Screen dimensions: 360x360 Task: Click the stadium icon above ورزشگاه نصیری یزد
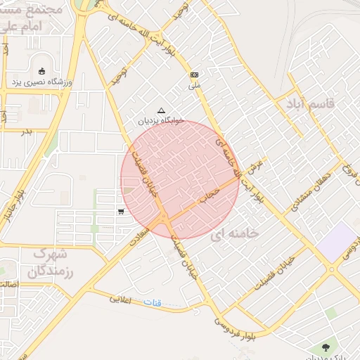(x=41, y=70)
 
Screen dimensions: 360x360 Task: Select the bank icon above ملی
(x=194, y=75)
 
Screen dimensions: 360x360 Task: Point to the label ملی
(x=195, y=86)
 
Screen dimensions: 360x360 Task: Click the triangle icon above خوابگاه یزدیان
(x=162, y=110)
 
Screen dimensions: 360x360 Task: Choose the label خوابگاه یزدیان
(x=161, y=120)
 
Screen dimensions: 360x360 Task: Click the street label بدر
(x=26, y=131)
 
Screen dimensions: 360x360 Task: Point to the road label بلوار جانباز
(x=15, y=203)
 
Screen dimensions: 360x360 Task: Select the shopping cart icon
(x=122, y=211)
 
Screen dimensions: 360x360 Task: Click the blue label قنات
(x=153, y=303)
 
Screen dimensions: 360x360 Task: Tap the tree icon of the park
(x=325, y=347)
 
